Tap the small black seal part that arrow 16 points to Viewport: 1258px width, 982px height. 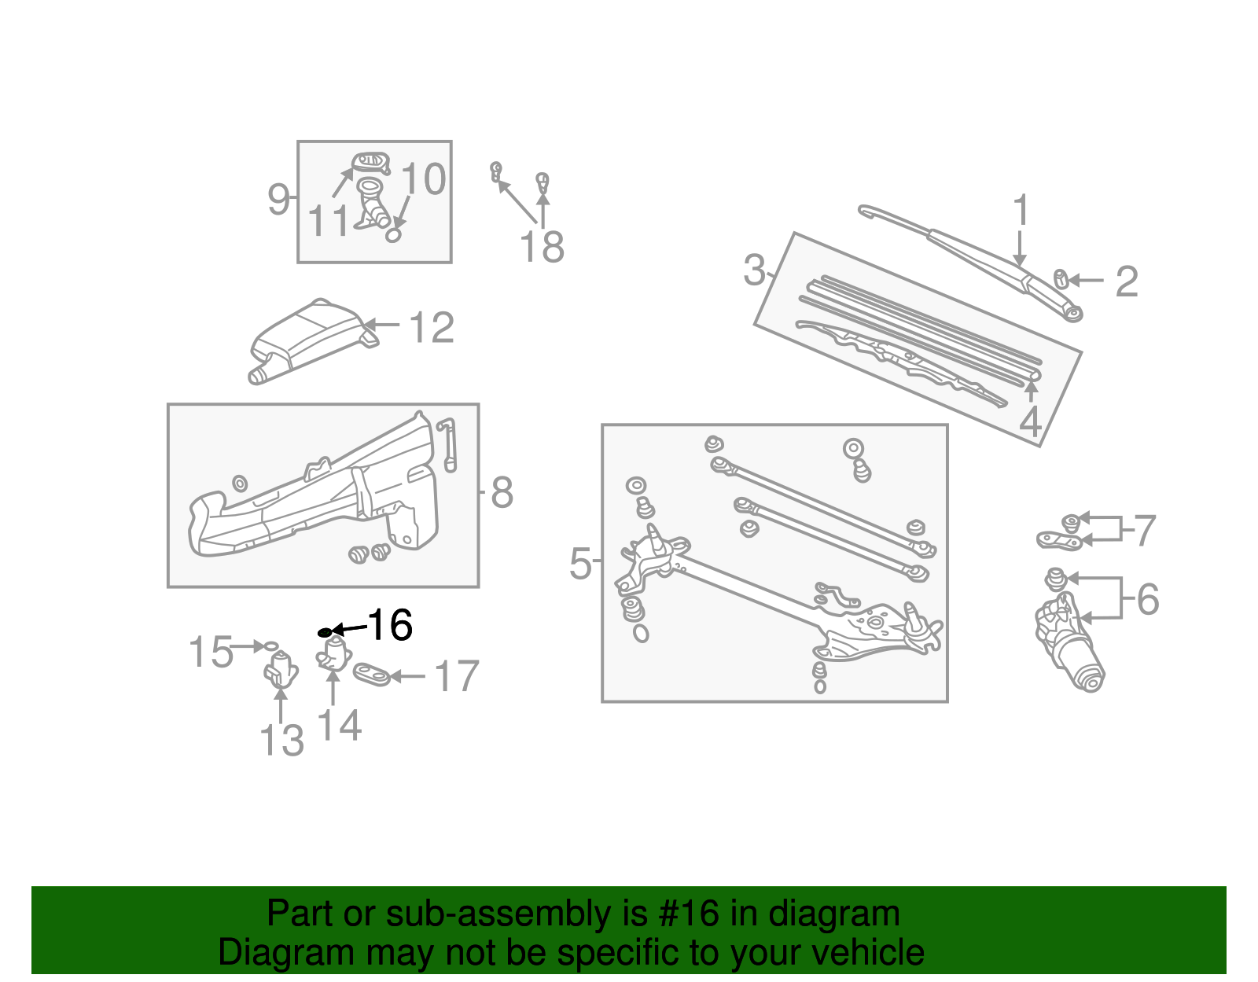pyautogui.click(x=324, y=631)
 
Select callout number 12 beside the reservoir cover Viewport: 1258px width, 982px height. pyautogui.click(x=432, y=328)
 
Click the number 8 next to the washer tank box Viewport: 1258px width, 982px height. pyautogui.click(x=502, y=493)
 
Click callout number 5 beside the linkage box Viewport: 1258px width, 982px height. pyautogui.click(x=580, y=564)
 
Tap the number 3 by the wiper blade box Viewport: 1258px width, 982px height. pyautogui.click(x=754, y=270)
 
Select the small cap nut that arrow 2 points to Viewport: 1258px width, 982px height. pyautogui.click(x=1060, y=278)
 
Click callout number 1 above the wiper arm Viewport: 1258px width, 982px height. pyautogui.click(x=1021, y=211)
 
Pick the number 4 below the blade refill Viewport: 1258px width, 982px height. pyautogui.click(x=1030, y=422)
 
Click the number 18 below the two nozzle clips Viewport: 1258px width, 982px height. pyautogui.click(x=542, y=247)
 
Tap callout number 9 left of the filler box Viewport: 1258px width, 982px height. pyautogui.click(x=278, y=200)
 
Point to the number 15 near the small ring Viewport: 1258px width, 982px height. pyautogui.click(x=211, y=652)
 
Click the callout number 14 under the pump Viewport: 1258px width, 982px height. pyautogui.click(x=339, y=725)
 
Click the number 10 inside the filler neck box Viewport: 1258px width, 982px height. pyautogui.click(x=424, y=179)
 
